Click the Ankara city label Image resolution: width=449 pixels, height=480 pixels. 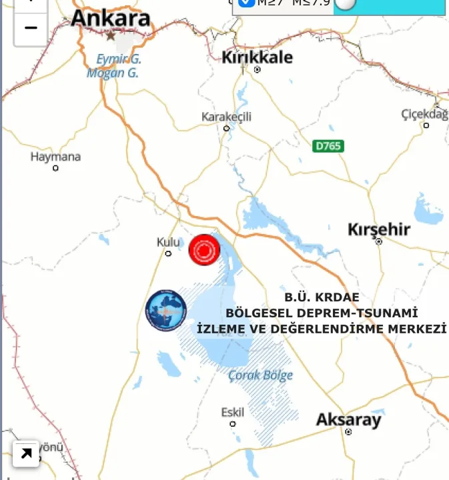click(111, 19)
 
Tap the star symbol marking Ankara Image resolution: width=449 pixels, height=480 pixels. click(111, 35)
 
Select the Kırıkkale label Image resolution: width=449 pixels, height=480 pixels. click(257, 57)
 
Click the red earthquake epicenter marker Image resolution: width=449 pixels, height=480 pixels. click(204, 250)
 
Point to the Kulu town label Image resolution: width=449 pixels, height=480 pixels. click(168, 242)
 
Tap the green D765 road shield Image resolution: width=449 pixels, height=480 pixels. click(328, 145)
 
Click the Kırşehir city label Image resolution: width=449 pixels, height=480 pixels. click(378, 229)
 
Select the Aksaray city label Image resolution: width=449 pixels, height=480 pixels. click(348, 420)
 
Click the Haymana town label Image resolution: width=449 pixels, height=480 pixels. click(55, 157)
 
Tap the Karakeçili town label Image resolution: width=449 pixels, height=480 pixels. click(226, 117)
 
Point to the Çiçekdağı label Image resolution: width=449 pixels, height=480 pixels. click(424, 114)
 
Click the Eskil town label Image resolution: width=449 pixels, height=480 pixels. click(233, 413)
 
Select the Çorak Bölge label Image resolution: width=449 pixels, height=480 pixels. click(260, 375)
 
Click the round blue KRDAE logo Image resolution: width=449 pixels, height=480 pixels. click(166, 311)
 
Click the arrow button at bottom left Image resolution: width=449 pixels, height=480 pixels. click(26, 454)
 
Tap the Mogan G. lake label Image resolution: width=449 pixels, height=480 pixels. click(112, 73)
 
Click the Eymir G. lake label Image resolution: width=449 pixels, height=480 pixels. click(119, 59)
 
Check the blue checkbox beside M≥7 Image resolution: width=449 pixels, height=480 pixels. click(246, 2)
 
